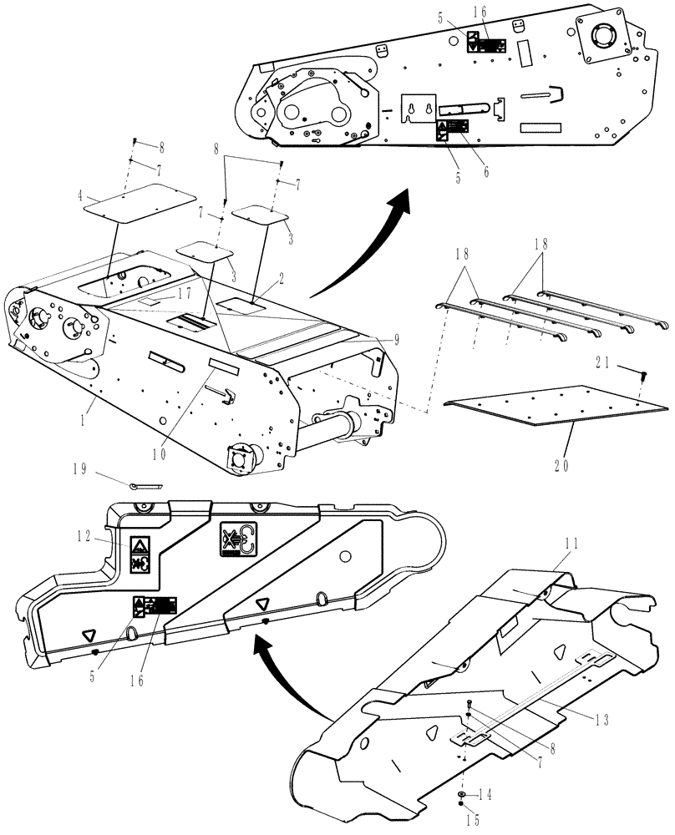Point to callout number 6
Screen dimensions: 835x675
485,172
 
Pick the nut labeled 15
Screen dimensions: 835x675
462,806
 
